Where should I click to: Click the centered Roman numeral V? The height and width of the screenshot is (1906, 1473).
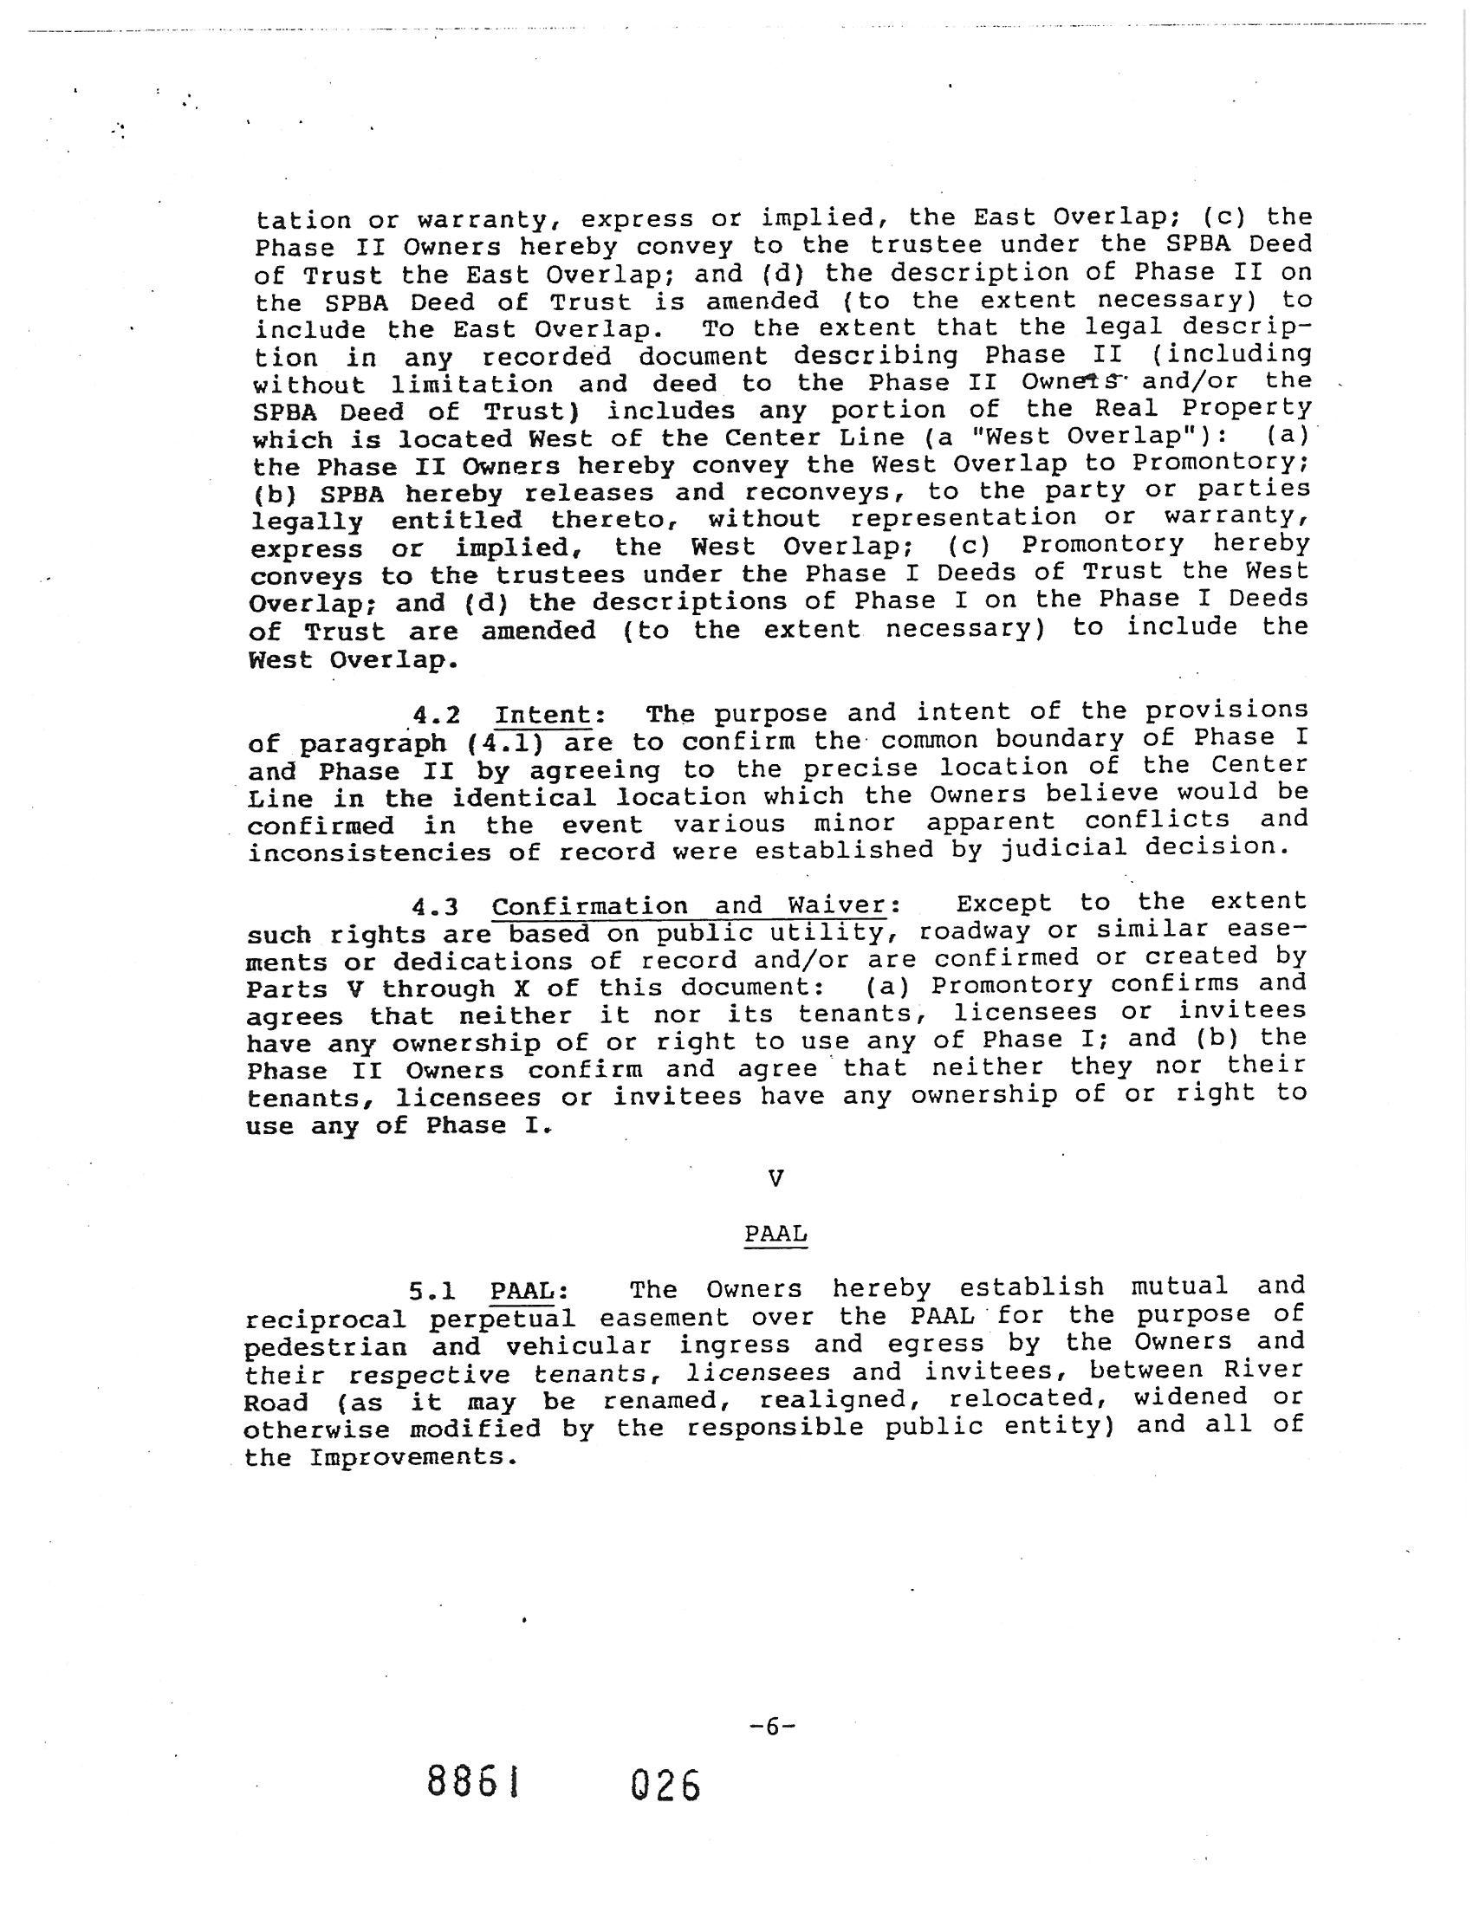tap(775, 1179)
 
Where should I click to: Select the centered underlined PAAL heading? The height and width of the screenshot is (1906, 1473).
tap(775, 1234)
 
